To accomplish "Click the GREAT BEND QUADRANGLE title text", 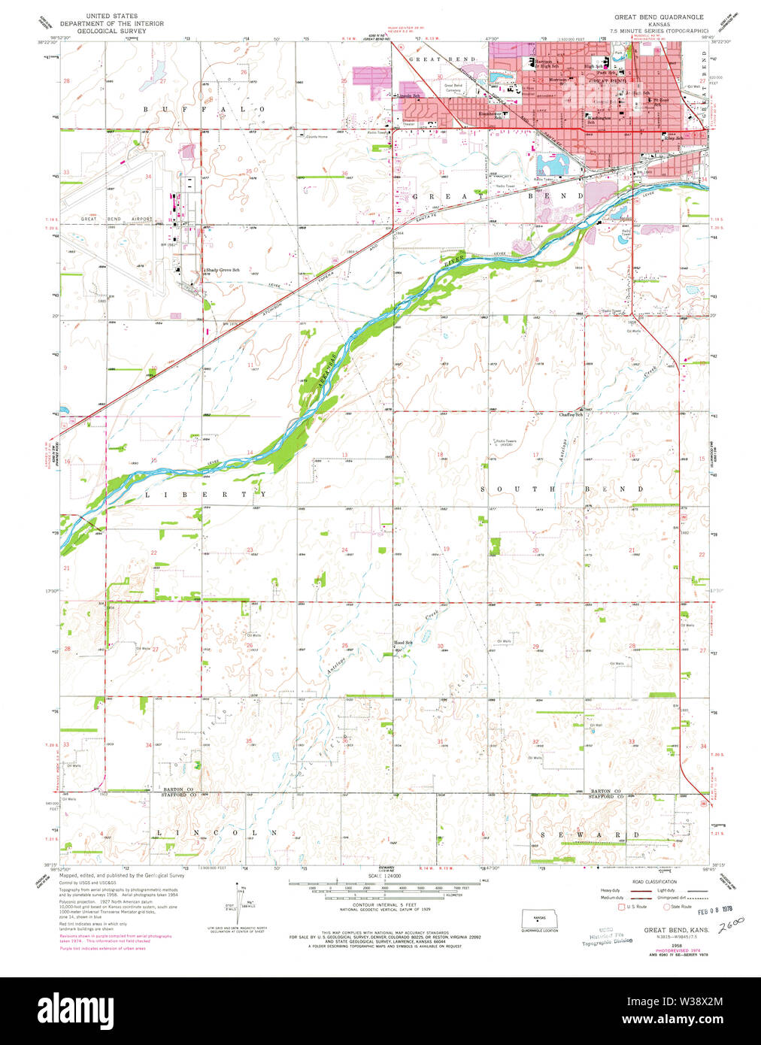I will tap(659, 16).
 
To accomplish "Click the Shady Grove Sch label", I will tap(223, 270).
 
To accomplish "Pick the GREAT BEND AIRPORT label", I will tap(116, 220).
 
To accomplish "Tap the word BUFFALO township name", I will tap(203, 110).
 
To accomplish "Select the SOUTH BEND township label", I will tap(561, 489).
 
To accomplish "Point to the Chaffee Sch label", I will tap(571, 414).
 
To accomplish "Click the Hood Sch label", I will tap(403, 643).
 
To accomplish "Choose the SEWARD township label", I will tap(590, 834).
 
